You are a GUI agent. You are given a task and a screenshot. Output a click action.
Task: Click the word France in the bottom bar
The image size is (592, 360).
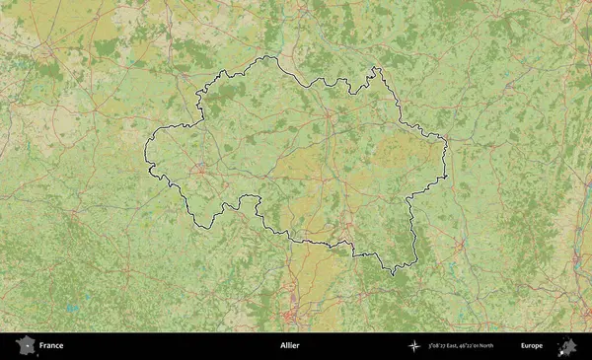coord(51,346)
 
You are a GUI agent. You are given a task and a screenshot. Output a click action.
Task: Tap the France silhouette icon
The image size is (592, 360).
coord(25,346)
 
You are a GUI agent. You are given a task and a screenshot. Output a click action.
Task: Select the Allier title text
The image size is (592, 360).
coord(289,346)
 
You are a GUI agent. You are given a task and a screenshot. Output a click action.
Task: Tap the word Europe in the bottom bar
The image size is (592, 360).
coord(532,346)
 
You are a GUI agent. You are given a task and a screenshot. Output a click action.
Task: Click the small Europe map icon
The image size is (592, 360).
coord(567,346)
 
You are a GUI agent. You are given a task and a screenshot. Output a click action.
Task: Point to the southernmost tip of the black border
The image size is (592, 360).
coord(393,274)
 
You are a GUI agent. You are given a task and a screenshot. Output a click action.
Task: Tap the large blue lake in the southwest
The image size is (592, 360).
coord(71,308)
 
